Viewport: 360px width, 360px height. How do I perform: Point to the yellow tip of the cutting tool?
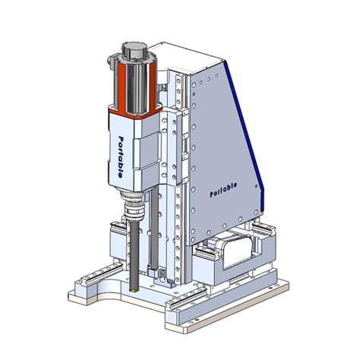pyautogui.click(x=131, y=289)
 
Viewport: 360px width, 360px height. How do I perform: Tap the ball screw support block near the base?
pyautogui.click(x=155, y=273)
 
